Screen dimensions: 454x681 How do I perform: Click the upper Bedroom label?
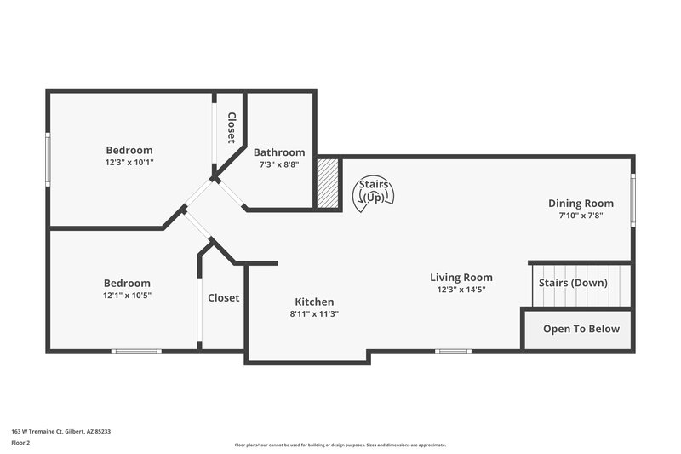click(129, 150)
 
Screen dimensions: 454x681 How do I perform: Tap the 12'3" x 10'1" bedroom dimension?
click(129, 162)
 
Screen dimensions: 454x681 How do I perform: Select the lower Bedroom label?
click(127, 284)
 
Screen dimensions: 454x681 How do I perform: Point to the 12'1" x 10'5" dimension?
click(127, 296)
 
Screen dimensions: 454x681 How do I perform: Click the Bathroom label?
click(279, 152)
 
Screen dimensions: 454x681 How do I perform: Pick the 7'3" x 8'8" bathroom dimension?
click(279, 164)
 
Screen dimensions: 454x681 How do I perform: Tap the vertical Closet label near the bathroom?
click(231, 127)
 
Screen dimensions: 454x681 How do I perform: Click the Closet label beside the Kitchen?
click(224, 298)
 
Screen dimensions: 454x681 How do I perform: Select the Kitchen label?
click(314, 302)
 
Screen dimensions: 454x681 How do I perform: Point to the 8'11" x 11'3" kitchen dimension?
click(314, 313)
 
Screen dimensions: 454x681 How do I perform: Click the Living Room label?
click(461, 278)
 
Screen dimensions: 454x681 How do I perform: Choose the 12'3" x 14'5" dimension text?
click(461, 290)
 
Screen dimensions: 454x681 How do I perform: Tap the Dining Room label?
click(581, 203)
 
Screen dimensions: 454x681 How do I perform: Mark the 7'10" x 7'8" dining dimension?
click(581, 216)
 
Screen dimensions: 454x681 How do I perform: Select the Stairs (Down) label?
click(573, 283)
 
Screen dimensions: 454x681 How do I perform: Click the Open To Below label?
click(581, 329)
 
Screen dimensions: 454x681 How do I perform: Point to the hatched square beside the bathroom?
click(328, 182)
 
